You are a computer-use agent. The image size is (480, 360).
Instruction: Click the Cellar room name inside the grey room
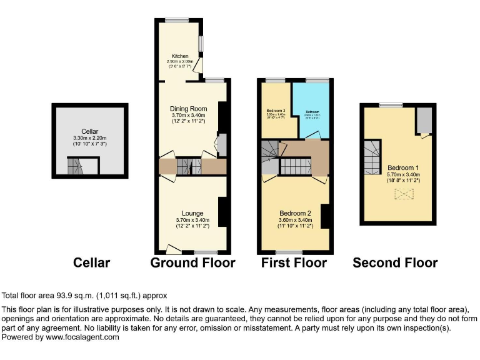pos(90,131)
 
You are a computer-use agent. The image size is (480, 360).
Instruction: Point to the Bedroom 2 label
pos(294,213)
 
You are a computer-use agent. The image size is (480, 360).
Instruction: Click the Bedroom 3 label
pos(276,111)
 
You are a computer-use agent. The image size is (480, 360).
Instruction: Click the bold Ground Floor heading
pos(192,263)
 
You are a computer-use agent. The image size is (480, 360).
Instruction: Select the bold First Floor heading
pos(294,263)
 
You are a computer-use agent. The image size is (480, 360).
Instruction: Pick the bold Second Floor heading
pos(395,263)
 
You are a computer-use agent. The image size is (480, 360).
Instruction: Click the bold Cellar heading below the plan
pos(91,263)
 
